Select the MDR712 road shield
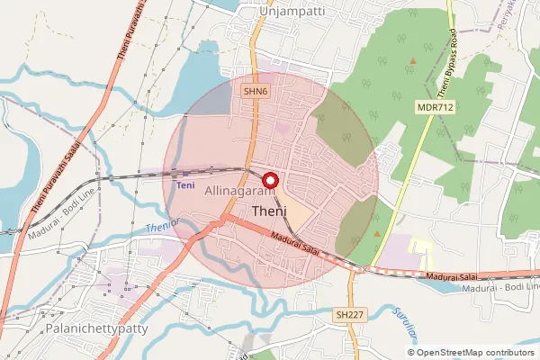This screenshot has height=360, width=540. [432, 106]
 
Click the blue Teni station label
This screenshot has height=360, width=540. [185, 185]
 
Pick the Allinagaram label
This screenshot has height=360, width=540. [238, 192]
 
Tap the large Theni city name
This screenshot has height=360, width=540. [271, 211]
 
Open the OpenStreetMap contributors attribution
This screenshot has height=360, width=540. [476, 352]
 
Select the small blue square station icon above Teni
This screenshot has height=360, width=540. [185, 174]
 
